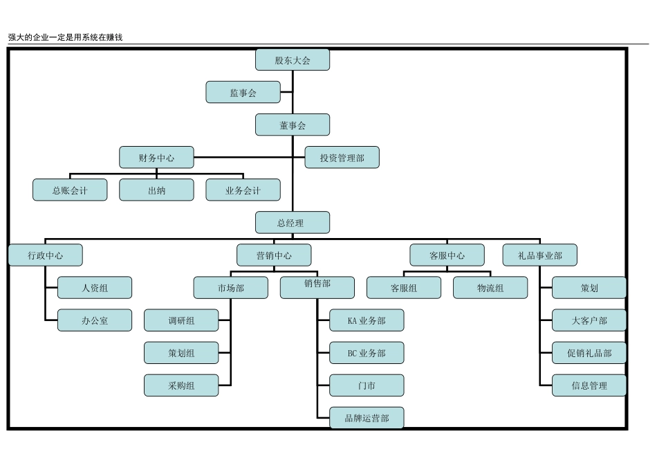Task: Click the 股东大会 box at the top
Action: coord(293,60)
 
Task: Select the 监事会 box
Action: coord(243,93)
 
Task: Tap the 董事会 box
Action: coord(293,125)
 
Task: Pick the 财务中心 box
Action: coord(156,158)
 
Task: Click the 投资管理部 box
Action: coord(342,158)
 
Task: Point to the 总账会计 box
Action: coord(70,190)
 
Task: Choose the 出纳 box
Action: coord(156,190)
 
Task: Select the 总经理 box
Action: coord(293,223)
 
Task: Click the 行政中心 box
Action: coord(46,255)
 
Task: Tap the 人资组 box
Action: coord(95,288)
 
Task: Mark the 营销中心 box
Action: coord(274,255)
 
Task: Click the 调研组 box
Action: coord(181,320)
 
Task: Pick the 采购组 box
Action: coord(181,385)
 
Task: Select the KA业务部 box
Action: coord(367,320)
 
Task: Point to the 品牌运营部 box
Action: coord(367,418)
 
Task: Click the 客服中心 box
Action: coord(447,255)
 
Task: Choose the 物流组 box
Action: coord(490,288)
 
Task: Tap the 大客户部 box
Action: coord(589,320)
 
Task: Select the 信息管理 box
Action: coord(589,385)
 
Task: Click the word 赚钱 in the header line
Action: coord(114,37)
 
